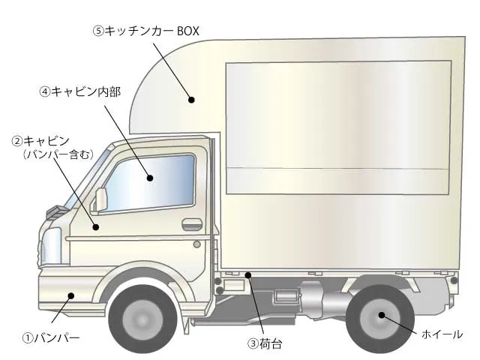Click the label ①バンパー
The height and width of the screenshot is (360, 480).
point(51,338)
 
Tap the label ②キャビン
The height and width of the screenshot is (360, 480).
point(40,141)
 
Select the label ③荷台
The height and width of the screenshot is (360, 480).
point(265,344)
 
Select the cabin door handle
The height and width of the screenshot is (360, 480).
point(192,223)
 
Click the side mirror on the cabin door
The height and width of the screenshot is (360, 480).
point(100,199)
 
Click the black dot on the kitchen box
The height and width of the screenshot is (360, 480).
point(191,98)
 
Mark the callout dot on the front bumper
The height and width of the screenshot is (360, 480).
point(70,296)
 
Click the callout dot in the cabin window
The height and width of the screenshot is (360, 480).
point(150,178)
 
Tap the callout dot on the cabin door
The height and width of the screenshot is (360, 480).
point(95,226)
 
